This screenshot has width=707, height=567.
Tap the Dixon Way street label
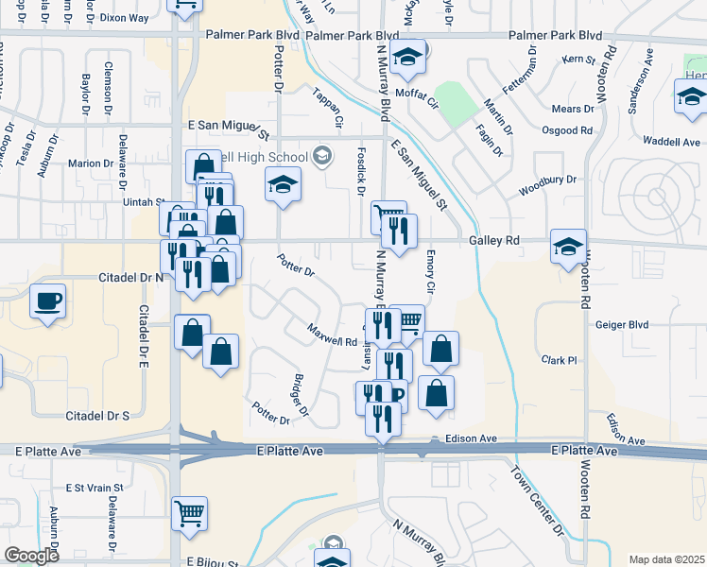click(x=124, y=17)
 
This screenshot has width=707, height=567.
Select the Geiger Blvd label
click(x=622, y=324)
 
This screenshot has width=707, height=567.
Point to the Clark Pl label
click(x=559, y=360)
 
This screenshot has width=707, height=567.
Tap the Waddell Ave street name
click(x=671, y=142)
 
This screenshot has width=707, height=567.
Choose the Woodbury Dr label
click(x=547, y=186)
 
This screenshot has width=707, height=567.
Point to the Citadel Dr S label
click(x=97, y=415)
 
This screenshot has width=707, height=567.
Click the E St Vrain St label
click(x=94, y=488)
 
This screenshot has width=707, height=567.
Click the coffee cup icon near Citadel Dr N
click(x=47, y=301)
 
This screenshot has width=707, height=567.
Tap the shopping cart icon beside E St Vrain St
click(x=190, y=513)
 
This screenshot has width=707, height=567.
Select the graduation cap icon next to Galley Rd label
click(x=568, y=247)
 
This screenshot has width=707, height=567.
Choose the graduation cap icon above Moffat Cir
click(x=408, y=59)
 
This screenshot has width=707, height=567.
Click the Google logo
click(x=31, y=555)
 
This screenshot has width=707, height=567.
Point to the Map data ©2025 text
click(x=666, y=559)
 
